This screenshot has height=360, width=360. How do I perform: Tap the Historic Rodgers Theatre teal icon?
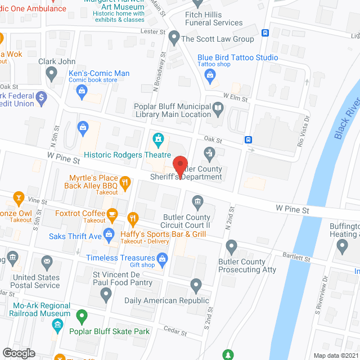[159, 138]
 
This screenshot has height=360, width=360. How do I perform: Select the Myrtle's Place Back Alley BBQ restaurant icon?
[125, 182]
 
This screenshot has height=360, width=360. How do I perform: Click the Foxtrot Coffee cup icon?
[112, 213]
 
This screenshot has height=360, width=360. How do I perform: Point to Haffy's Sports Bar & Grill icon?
[133, 218]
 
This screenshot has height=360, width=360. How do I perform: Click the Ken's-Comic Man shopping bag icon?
[82, 90]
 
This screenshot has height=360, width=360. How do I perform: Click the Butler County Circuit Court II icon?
[197, 201]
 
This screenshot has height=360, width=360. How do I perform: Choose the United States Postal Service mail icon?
[46, 261]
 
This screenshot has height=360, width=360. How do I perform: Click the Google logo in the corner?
[18, 353]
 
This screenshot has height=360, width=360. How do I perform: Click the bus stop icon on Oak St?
[248, 139]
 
